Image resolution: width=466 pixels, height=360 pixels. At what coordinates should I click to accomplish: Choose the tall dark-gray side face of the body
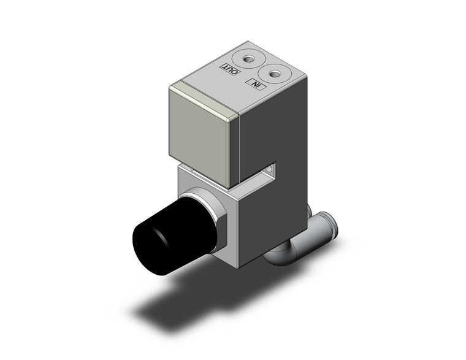(x=273, y=135)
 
